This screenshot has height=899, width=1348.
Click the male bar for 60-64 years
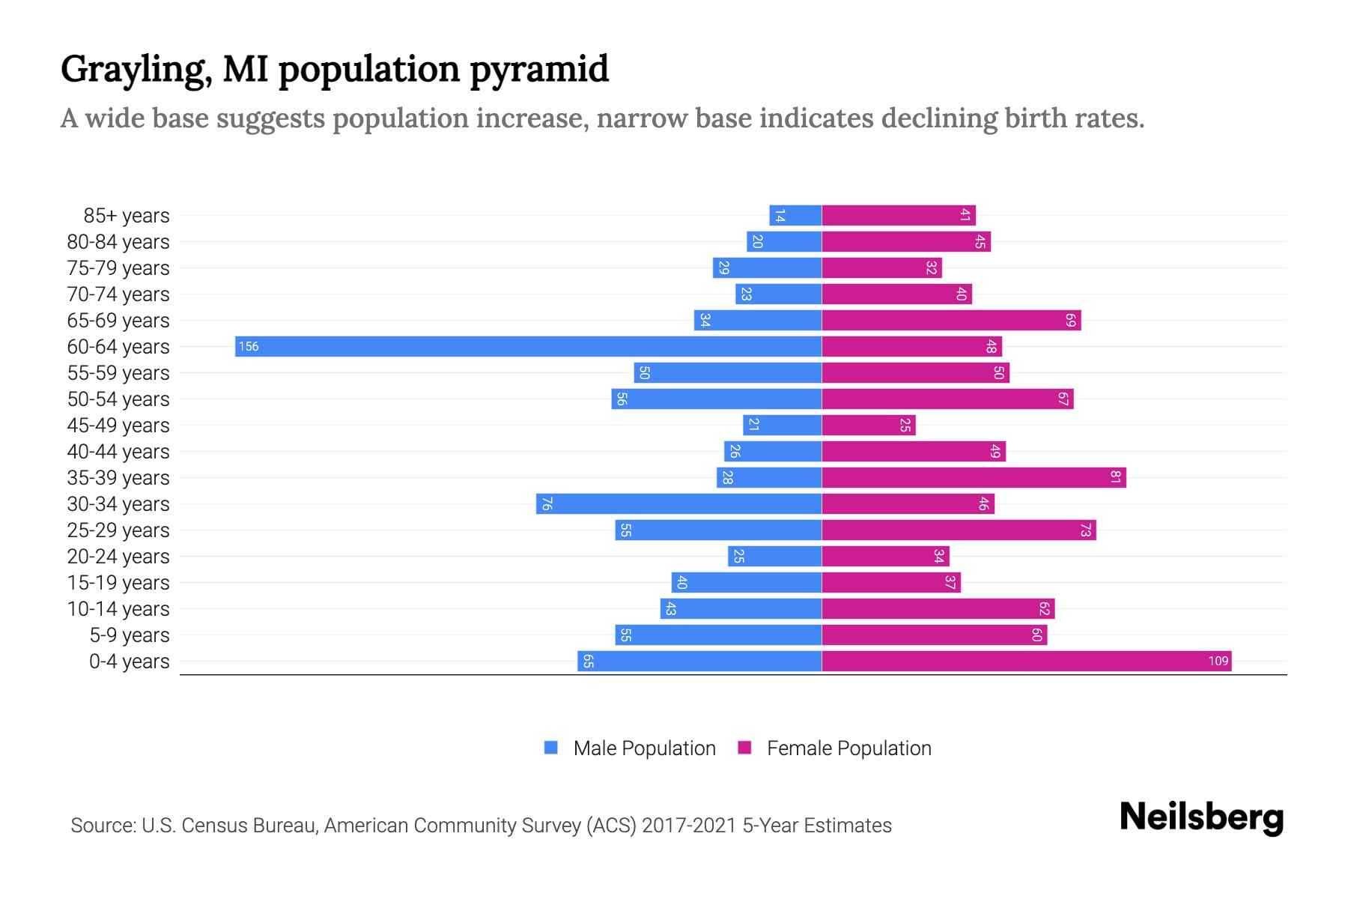click(528, 346)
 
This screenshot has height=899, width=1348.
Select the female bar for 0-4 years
click(1026, 661)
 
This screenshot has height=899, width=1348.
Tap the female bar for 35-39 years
click(974, 477)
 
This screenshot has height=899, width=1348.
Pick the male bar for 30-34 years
click(678, 503)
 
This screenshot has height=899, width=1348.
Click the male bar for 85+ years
click(795, 215)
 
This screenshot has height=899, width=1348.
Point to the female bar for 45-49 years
click(869, 425)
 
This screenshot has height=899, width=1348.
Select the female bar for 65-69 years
click(951, 320)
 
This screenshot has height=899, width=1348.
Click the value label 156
click(249, 346)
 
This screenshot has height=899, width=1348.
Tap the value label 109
click(1218, 661)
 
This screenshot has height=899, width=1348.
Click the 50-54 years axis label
click(118, 399)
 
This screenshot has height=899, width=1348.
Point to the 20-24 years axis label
click(118, 556)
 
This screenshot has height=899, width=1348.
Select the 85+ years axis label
click(127, 215)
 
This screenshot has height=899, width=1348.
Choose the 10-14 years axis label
click(118, 608)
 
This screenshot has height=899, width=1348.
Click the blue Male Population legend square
click(551, 748)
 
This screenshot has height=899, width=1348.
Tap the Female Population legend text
click(848, 748)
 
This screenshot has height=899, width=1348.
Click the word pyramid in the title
click(539, 69)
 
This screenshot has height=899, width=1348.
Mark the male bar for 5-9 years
click(718, 635)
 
